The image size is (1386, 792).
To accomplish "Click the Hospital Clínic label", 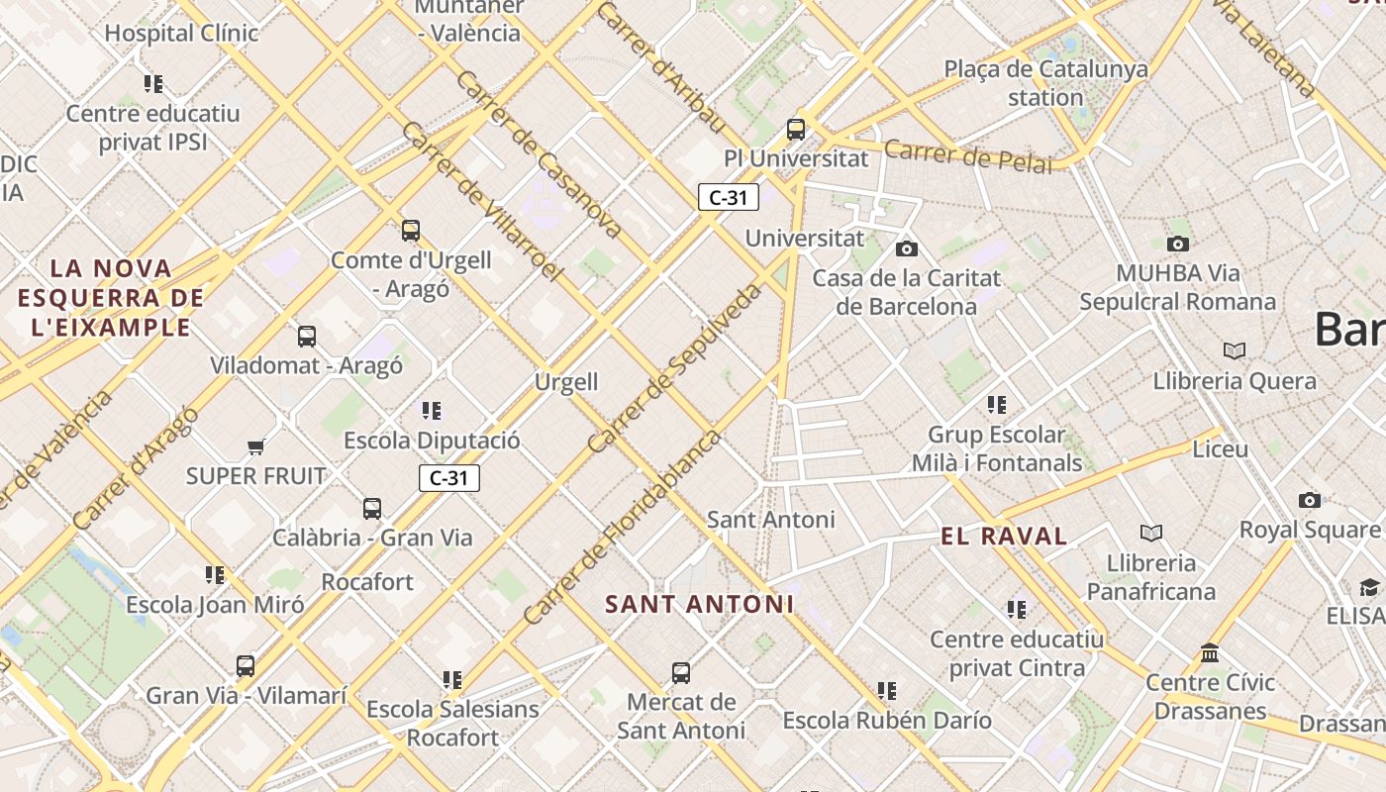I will click(x=181, y=33).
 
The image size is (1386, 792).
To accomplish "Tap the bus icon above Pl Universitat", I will click(x=796, y=129).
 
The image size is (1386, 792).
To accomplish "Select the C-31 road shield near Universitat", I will click(x=729, y=197).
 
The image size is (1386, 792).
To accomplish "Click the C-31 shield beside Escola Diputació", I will click(x=448, y=478).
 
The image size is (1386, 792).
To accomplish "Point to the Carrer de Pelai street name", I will click(x=967, y=155).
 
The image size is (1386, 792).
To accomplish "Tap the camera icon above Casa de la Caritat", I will click(x=906, y=248).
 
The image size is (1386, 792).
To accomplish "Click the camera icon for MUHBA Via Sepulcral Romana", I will click(x=1177, y=244).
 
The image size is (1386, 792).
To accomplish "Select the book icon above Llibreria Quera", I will click(x=1234, y=350).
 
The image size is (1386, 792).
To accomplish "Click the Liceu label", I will click(x=1220, y=448).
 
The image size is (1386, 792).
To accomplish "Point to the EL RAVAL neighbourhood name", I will click(x=1004, y=537).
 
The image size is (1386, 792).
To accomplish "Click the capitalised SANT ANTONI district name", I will click(x=699, y=604).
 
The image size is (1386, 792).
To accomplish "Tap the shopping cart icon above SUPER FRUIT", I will click(x=256, y=446).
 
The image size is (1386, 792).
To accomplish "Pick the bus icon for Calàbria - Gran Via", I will click(x=372, y=509).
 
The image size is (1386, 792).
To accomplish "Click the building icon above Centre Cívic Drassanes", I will click(x=1209, y=653).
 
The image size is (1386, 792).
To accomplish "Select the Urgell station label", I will click(x=566, y=382).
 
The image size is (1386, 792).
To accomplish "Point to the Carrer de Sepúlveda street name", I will click(x=676, y=368).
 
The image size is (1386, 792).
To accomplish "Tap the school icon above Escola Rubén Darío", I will click(x=886, y=691).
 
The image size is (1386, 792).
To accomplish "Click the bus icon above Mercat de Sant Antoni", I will click(x=681, y=673).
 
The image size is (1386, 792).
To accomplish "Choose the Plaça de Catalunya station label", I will click(x=1045, y=83).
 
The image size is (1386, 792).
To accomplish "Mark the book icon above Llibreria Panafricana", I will click(x=1150, y=534).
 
